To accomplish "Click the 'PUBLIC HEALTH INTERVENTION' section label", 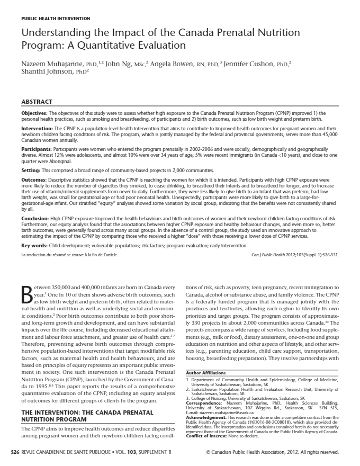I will coord(56,19).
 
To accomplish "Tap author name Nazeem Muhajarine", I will coord(51,65).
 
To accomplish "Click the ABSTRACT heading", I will coord(37,101).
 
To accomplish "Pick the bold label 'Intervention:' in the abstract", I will coord(37,129).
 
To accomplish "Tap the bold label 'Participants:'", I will coord(37,150).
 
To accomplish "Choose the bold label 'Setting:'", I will coord(31,171).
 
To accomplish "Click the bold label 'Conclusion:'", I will coord(35,218).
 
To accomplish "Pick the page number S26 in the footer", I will coord(16,452).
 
